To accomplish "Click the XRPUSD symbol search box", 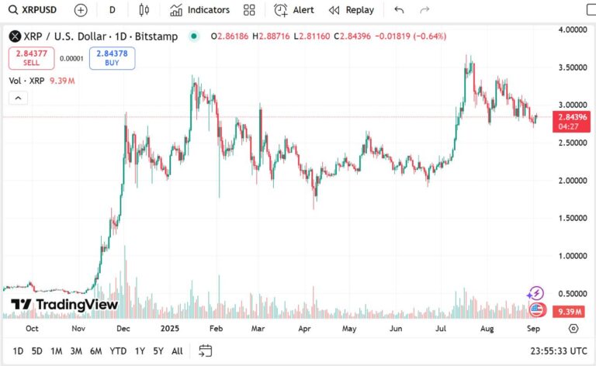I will pos(36,10).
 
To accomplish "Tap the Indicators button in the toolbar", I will pos(200,10).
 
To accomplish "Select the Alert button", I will pos(294,10).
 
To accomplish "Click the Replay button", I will pos(352,10).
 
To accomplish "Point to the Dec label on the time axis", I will pos(123,328).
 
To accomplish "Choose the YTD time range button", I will pos(118,350).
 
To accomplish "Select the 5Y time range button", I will pos(158,350).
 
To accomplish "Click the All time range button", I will pos(177,350).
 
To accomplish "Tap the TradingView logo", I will pos(64,305).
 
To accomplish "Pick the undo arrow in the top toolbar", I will pos(399,10).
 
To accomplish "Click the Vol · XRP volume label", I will pos(27,81).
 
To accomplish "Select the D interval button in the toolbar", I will pos(113,10).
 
